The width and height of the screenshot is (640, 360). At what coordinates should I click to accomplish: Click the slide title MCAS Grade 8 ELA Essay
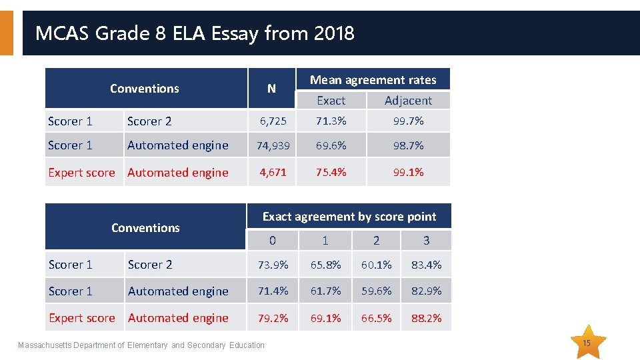195,33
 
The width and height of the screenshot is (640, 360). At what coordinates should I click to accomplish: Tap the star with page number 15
586,343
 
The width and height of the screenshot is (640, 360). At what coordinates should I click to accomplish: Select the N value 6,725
273,121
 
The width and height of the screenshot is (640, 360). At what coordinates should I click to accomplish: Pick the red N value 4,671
273,172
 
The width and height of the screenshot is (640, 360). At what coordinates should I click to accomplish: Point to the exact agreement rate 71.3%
331,121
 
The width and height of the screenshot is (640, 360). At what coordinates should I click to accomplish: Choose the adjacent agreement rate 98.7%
408,145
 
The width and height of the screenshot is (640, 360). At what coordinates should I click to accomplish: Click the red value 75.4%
331,172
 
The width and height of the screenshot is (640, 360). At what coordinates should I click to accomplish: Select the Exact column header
331,101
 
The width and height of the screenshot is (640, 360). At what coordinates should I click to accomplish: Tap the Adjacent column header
408,101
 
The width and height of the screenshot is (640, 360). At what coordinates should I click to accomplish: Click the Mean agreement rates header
373,80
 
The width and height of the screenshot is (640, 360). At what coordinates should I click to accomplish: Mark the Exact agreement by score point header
349,217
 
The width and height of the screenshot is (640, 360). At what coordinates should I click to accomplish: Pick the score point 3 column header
426,241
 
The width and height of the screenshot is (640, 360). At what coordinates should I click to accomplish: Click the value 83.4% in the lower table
426,265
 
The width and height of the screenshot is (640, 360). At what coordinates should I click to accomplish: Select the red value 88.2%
426,318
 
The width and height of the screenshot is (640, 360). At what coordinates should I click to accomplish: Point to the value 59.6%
376,291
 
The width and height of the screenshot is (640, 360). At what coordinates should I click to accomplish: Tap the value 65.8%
325,265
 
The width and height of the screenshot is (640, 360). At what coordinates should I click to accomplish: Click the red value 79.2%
273,318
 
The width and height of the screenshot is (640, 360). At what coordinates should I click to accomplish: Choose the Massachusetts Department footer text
141,345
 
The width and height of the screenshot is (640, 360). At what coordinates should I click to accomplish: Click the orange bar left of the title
7,33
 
